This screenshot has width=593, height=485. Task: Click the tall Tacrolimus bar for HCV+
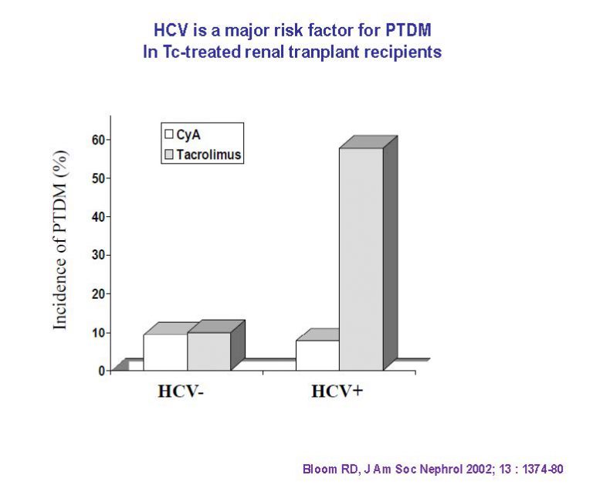pyautogui.click(x=361, y=259)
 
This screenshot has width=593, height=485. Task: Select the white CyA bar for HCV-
pyautogui.click(x=165, y=352)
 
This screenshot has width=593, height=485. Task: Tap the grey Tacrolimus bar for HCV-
pyautogui.click(x=208, y=351)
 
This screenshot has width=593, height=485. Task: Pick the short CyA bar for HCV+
pyautogui.click(x=317, y=355)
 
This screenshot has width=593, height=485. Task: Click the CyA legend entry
pyautogui.click(x=181, y=134)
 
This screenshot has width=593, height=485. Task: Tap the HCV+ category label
pyautogui.click(x=337, y=391)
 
